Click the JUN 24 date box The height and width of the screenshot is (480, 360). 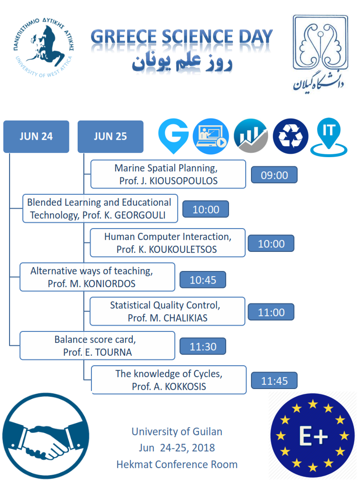[36, 137]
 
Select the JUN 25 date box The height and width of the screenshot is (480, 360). [110, 137]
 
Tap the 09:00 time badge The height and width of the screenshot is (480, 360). [274, 175]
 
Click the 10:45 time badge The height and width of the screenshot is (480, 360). [203, 280]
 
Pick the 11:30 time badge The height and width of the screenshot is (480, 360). [203, 347]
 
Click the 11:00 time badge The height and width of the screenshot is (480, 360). [271, 312]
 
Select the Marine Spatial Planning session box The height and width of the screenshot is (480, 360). [168, 174]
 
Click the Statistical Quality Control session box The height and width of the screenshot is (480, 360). [168, 312]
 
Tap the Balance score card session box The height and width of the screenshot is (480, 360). [97, 346]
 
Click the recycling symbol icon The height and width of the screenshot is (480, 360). [290, 136]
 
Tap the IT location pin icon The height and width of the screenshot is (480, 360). [328, 136]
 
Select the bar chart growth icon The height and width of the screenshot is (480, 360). [251, 136]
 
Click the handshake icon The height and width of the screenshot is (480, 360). [46, 436]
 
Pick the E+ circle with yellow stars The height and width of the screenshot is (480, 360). [312, 436]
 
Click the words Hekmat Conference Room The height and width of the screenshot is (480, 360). [177, 464]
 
